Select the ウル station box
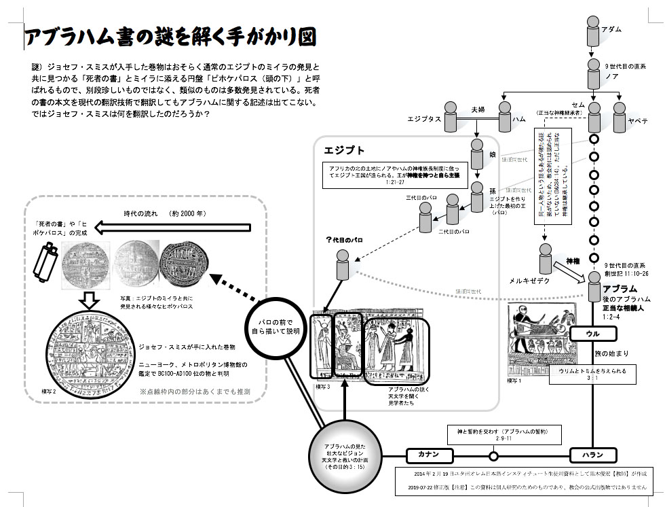pos(593,334)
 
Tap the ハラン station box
pos(593,455)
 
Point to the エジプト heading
pos(345,150)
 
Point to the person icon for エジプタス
pos(451,116)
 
